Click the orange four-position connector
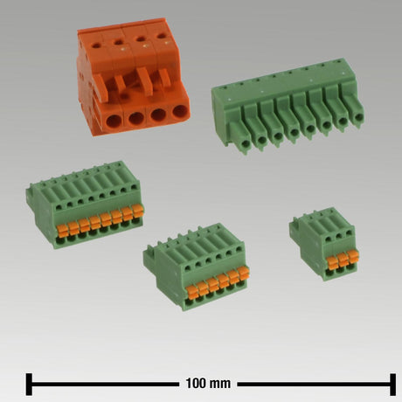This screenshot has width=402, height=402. pos(133,77)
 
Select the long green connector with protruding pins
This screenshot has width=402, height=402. pos(288,107)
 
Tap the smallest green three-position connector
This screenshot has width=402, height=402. pos(324,244)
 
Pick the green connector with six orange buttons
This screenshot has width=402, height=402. pos(197,267)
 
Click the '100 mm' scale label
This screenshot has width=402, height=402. pos(208,384)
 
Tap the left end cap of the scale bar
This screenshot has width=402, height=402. pos(29,385)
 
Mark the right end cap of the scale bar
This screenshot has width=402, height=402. pos(392,385)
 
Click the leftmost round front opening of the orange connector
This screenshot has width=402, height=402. pos(114,121)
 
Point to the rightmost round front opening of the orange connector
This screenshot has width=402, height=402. pos(180,112)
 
